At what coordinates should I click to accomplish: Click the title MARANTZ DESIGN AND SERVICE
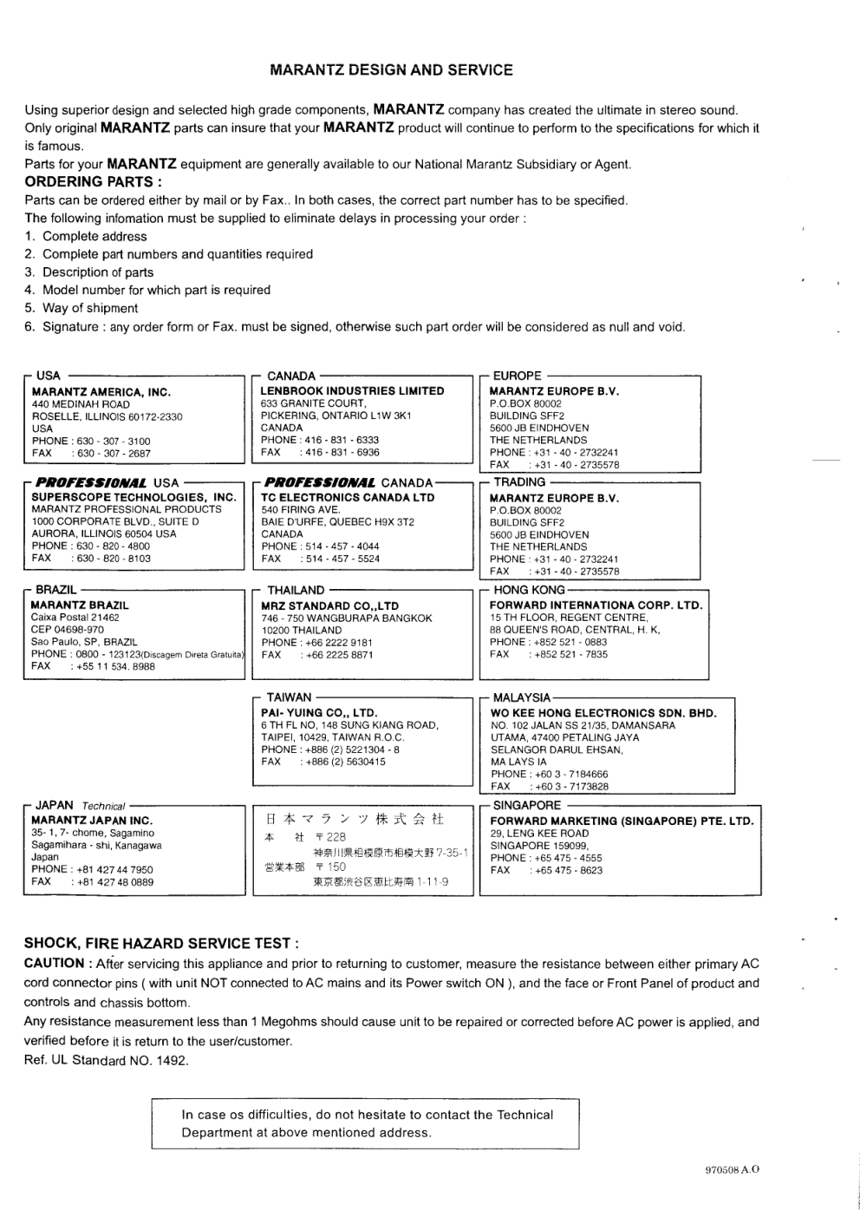[391, 70]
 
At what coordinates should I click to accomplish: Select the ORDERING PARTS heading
[93, 182]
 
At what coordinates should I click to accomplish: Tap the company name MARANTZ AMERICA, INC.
[101, 392]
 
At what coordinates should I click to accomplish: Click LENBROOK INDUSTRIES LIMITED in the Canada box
[352, 391]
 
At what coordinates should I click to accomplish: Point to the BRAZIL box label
[56, 590]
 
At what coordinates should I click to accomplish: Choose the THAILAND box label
[296, 591]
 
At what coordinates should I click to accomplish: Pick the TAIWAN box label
[289, 697]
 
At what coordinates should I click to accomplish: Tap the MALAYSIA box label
[522, 697]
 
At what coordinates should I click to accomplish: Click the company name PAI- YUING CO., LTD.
[319, 713]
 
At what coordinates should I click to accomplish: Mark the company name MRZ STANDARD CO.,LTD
[330, 605]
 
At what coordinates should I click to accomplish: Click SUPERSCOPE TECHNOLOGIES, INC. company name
[134, 498]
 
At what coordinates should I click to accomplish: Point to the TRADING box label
[519, 482]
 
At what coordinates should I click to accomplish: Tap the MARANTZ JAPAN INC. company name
[92, 821]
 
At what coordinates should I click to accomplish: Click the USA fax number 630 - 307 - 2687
[114, 454]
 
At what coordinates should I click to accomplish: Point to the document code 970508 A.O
[733, 1169]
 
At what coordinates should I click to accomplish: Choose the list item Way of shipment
[90, 308]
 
